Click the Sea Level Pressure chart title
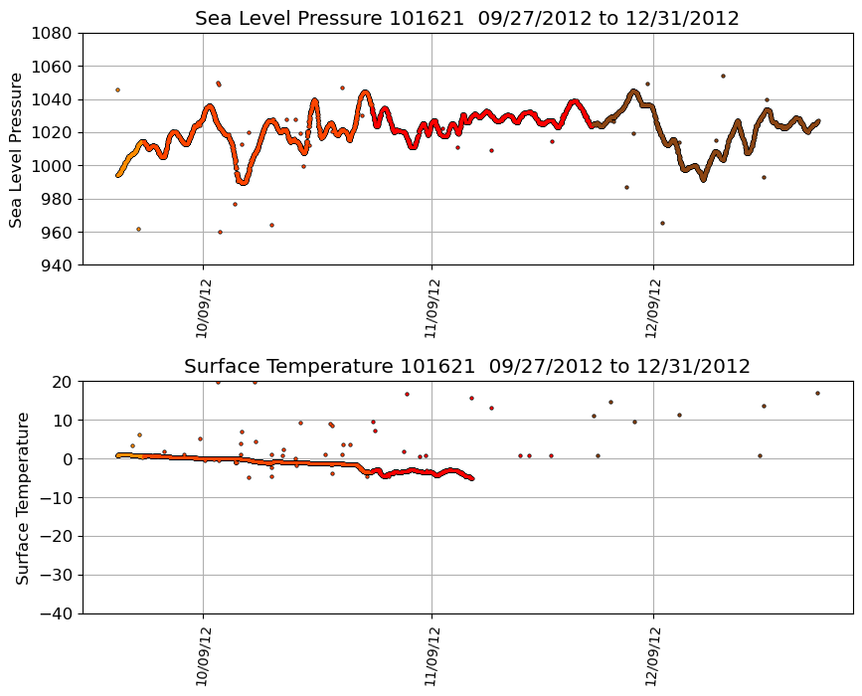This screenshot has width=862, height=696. (467, 19)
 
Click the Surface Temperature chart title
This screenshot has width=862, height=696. (467, 367)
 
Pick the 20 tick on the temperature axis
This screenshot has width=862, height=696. (64, 382)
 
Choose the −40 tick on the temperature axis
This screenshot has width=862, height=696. (57, 613)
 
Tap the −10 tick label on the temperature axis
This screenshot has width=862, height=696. (57, 497)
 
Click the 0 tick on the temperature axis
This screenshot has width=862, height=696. (69, 459)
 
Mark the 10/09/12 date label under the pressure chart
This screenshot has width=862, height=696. (202, 308)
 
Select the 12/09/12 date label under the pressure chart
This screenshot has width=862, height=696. (652, 308)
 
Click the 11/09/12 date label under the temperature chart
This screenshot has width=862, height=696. (431, 656)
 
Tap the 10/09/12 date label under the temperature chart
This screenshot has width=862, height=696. (202, 656)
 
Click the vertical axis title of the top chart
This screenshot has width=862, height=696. (16, 149)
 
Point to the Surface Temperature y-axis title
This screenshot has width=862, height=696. (22, 497)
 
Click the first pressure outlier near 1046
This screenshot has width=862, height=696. (117, 89)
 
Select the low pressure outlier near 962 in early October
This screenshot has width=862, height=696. (138, 229)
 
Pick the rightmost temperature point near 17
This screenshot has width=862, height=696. (817, 393)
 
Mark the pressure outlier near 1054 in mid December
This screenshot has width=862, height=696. (723, 76)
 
